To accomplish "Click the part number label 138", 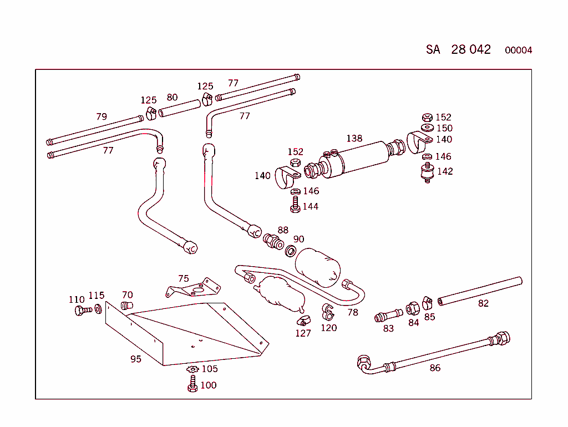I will pyautogui.click(x=354, y=139).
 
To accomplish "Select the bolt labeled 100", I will pyautogui.click(x=192, y=384).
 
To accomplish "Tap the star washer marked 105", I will pyautogui.click(x=192, y=369).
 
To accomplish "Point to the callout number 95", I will pyautogui.click(x=136, y=359).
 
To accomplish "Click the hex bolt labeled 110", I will pyautogui.click(x=80, y=310).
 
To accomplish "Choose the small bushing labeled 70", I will pyautogui.click(x=128, y=306).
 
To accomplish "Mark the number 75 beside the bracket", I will pyautogui.click(x=184, y=279).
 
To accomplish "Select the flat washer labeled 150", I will pyautogui.click(x=427, y=128).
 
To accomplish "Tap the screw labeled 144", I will pyautogui.click(x=295, y=206).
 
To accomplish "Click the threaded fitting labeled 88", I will pyautogui.click(x=272, y=242).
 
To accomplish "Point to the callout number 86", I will pyautogui.click(x=435, y=368).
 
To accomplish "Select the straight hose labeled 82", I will pyautogui.click(x=480, y=291).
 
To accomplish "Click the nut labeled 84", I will pyautogui.click(x=412, y=309).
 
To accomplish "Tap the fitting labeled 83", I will pyautogui.click(x=388, y=316).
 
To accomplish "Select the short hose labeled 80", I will pyautogui.click(x=179, y=108).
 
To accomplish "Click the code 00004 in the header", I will pyautogui.click(x=518, y=50).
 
